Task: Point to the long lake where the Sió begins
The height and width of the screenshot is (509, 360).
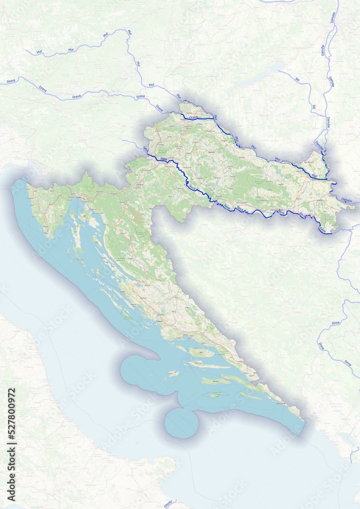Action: [263, 74]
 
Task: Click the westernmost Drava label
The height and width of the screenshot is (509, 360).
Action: [11, 81]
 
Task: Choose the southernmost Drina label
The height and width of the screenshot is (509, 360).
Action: [348, 363]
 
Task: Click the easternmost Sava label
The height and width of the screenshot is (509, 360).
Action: [322, 230]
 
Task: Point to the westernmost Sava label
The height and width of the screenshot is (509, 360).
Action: [146, 149]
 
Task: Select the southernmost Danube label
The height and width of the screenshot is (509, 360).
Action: [347, 200]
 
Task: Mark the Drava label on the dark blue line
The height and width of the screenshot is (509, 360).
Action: [193, 118]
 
